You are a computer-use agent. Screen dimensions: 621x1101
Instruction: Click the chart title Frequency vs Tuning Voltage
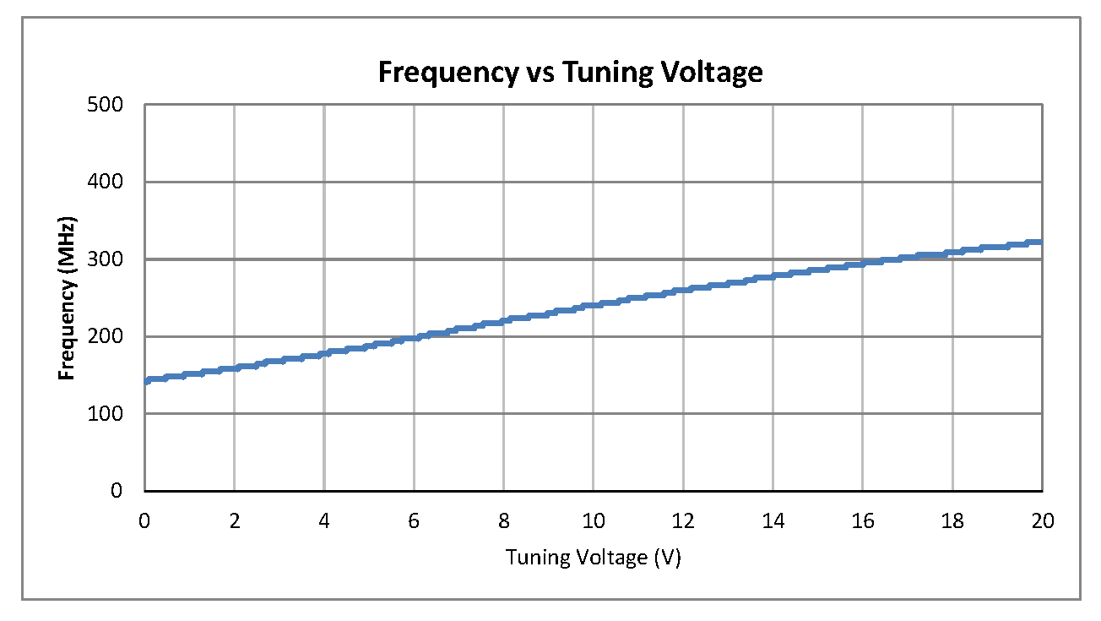point(570,73)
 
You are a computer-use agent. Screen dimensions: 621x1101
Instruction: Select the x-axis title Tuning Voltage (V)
point(593,558)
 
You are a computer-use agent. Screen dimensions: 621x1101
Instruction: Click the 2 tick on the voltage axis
point(235,521)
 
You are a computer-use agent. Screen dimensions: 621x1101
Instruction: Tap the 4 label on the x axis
point(324,521)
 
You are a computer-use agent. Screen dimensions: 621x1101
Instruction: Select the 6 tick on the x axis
point(414,521)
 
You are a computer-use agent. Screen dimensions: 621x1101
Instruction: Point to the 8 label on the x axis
point(503,521)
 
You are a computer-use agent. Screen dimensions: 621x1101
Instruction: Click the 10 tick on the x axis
point(593,521)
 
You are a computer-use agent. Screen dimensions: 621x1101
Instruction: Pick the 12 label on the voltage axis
point(683,521)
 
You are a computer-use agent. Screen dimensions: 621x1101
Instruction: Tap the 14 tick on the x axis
point(773,521)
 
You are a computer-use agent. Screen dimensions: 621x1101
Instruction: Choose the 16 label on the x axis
point(862,521)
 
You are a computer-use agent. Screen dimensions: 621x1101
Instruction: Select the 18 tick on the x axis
point(952,521)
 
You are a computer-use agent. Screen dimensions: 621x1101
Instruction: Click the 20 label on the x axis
point(1042,521)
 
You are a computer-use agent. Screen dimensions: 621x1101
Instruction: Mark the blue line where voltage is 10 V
point(593,304)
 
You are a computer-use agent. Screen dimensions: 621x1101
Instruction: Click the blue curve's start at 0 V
point(146,381)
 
